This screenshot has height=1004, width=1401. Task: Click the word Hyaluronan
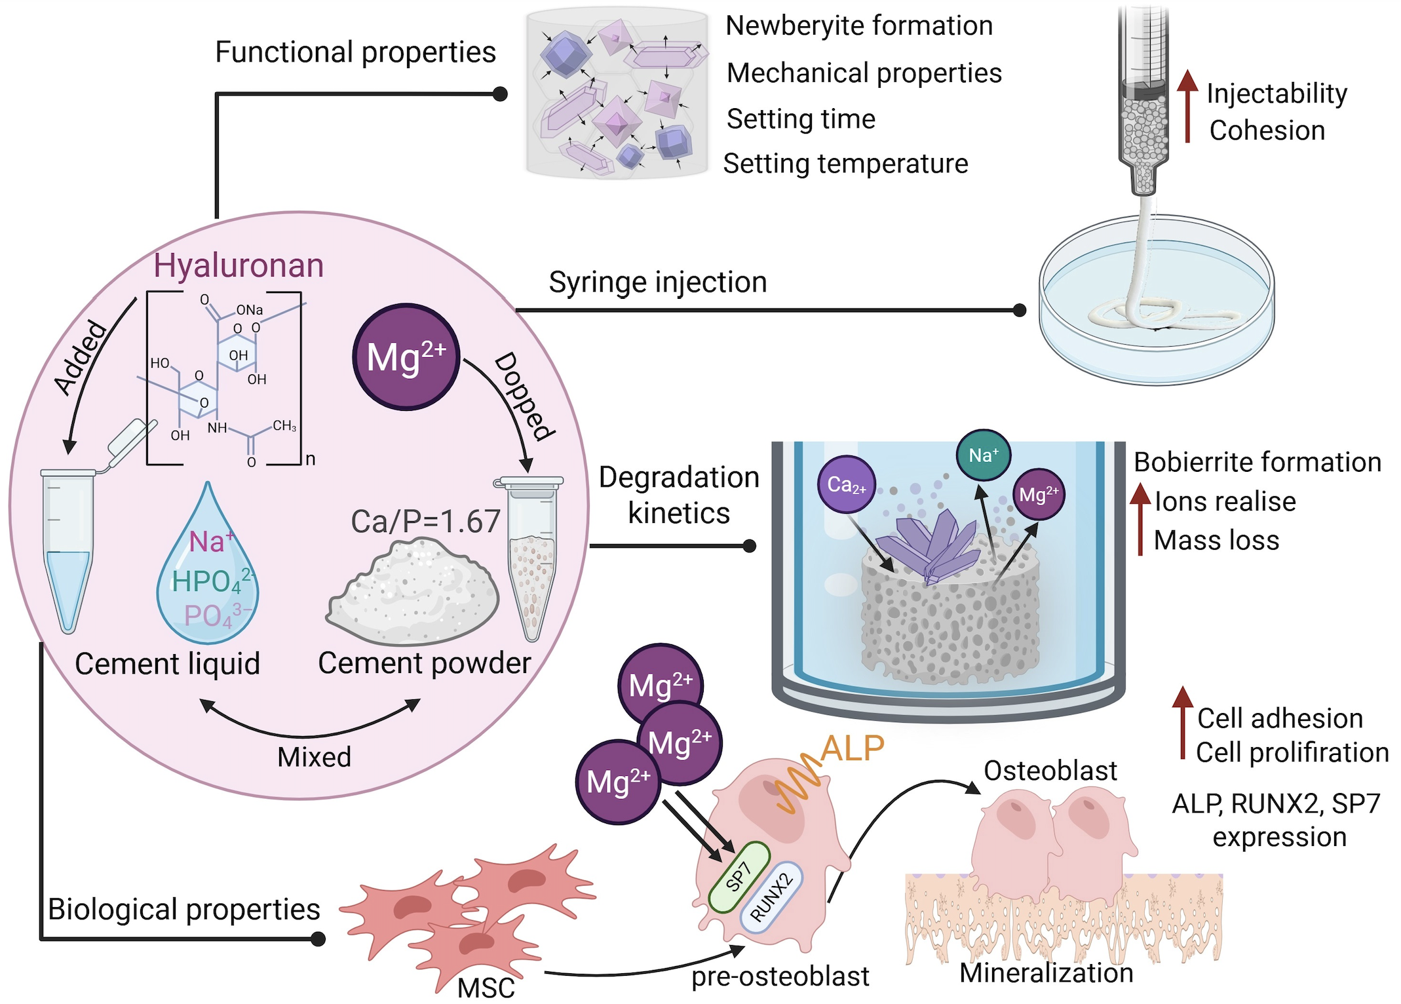coord(239,265)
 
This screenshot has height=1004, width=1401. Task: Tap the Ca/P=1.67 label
coord(425,522)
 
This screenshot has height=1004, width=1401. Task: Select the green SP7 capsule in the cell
coord(739,877)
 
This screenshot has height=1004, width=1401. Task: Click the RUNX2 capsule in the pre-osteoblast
coord(771,897)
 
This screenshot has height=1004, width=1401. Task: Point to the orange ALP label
coord(852,748)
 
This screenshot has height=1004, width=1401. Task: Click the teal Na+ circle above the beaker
coord(983,455)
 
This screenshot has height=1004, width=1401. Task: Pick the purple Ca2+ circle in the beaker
coord(847,485)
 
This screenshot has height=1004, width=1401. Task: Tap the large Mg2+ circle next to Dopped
coord(406,357)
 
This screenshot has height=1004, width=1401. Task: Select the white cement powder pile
coord(413,590)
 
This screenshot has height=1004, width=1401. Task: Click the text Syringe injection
coord(658,282)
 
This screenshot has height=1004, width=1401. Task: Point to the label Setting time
coord(801,119)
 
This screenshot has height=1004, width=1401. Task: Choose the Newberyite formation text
coord(859,26)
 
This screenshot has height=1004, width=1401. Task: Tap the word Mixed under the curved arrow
coord(314,757)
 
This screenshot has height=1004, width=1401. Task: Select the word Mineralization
coord(1046,973)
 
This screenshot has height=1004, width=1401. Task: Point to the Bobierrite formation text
coord(1257,462)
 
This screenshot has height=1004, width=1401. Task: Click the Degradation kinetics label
coord(679,495)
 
